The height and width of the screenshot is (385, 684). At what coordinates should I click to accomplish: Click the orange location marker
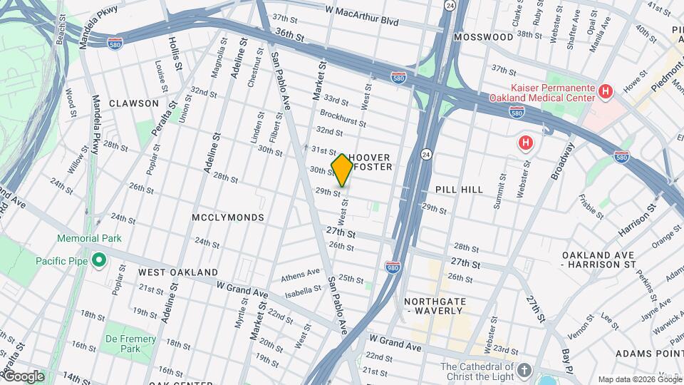point(342,170)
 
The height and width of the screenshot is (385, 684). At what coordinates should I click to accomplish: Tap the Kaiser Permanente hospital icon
point(606,91)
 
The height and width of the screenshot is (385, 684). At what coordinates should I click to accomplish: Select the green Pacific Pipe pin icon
point(98,261)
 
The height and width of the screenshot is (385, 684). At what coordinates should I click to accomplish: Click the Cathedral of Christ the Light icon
point(524,370)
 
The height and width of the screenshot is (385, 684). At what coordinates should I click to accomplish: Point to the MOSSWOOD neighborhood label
point(484,36)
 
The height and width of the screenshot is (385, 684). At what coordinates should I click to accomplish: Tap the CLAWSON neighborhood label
point(134,103)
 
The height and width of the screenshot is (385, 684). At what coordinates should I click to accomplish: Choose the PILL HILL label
point(459,190)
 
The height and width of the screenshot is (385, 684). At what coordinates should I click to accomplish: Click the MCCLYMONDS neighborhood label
point(228,217)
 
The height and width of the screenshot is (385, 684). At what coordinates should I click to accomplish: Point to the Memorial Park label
point(90,238)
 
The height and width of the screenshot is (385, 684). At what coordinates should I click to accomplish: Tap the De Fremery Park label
point(120,344)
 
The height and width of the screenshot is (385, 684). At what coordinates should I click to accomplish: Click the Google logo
point(23,376)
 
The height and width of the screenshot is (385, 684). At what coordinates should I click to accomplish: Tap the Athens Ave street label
point(301,274)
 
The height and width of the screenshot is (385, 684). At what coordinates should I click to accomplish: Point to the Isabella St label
point(302,290)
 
